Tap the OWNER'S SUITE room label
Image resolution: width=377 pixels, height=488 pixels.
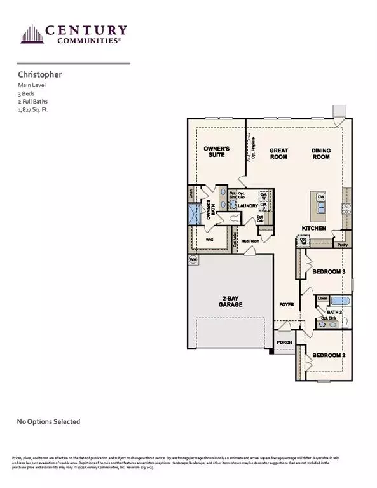click(x=216, y=152)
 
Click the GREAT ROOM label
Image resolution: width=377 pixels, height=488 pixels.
click(x=278, y=153)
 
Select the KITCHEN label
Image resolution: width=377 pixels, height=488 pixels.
click(x=314, y=228)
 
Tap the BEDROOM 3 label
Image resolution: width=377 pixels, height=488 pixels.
click(x=328, y=272)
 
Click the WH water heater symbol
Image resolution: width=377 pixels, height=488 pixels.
click(x=193, y=259)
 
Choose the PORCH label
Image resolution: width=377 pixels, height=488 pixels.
click(x=284, y=342)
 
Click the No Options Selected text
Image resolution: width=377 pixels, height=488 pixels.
click(x=48, y=421)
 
